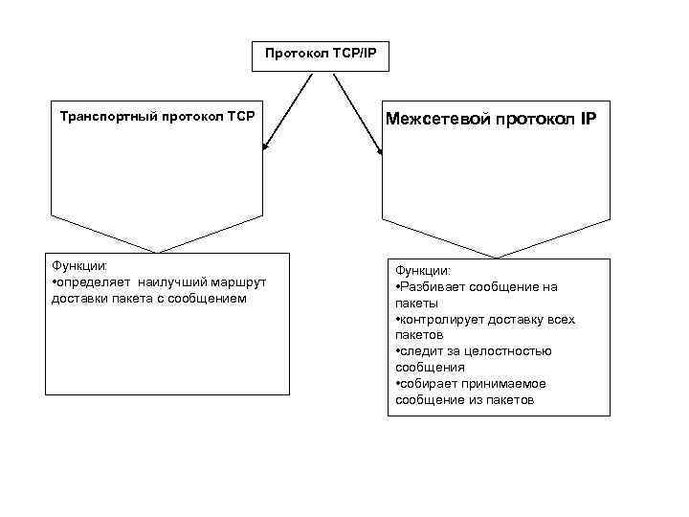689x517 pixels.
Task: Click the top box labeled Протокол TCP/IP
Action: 321,56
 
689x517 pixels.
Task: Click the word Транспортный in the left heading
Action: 102,117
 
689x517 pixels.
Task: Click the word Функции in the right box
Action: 422,271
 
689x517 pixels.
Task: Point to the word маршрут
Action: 238,282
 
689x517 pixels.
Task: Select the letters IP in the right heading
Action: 586,119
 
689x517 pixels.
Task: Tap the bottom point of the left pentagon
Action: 156,253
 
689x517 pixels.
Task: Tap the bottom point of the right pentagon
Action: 495,258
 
